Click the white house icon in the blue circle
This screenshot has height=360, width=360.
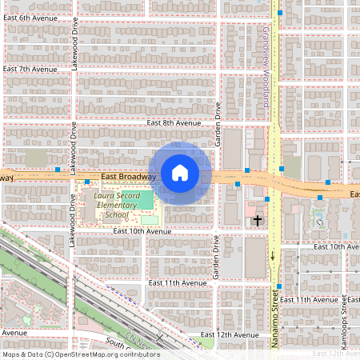[180, 172]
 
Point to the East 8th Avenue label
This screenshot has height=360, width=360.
[174, 123]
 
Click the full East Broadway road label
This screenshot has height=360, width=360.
[128, 177]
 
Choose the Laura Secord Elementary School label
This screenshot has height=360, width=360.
[117, 205]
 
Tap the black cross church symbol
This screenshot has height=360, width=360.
[258, 219]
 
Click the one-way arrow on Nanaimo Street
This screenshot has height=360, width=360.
[273, 256]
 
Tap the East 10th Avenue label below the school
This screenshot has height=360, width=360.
[142, 231]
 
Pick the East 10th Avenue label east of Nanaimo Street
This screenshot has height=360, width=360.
[335, 247]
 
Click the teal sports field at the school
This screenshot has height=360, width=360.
[143, 198]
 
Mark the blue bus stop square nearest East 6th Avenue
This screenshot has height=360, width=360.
[280, 13]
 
